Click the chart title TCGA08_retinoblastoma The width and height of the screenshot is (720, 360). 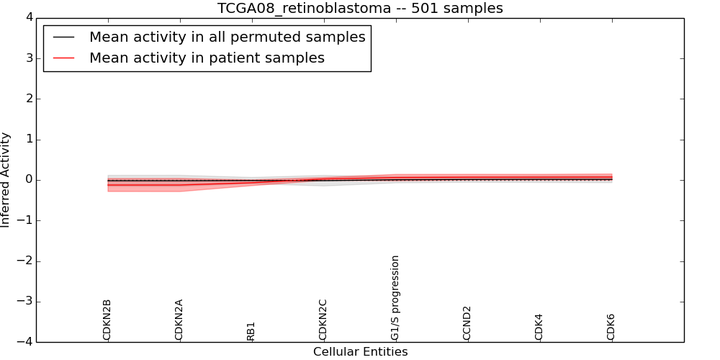click(x=360, y=9)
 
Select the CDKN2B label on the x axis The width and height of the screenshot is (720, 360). click(x=107, y=320)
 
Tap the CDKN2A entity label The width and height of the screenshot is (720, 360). click(x=179, y=320)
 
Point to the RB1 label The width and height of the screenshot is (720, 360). click(x=251, y=331)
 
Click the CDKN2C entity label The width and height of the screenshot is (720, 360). click(x=323, y=320)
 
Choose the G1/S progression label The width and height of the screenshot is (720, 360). click(x=395, y=297)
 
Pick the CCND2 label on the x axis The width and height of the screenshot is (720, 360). click(x=467, y=323)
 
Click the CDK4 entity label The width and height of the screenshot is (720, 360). click(x=539, y=326)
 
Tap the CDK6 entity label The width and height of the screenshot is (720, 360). click(x=611, y=326)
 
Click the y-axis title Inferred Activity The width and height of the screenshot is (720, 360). click(x=6, y=180)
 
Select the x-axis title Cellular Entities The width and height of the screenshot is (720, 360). click(x=360, y=352)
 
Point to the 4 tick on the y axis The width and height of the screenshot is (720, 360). click(x=28, y=18)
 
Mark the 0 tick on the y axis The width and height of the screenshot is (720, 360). click(x=28, y=180)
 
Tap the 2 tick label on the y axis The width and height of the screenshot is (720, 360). click(x=28, y=99)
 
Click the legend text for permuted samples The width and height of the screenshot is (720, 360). click(x=227, y=37)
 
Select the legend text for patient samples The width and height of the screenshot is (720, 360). click(x=207, y=58)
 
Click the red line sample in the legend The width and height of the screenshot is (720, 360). click(x=64, y=58)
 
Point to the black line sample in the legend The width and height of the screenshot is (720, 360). click(x=64, y=37)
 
